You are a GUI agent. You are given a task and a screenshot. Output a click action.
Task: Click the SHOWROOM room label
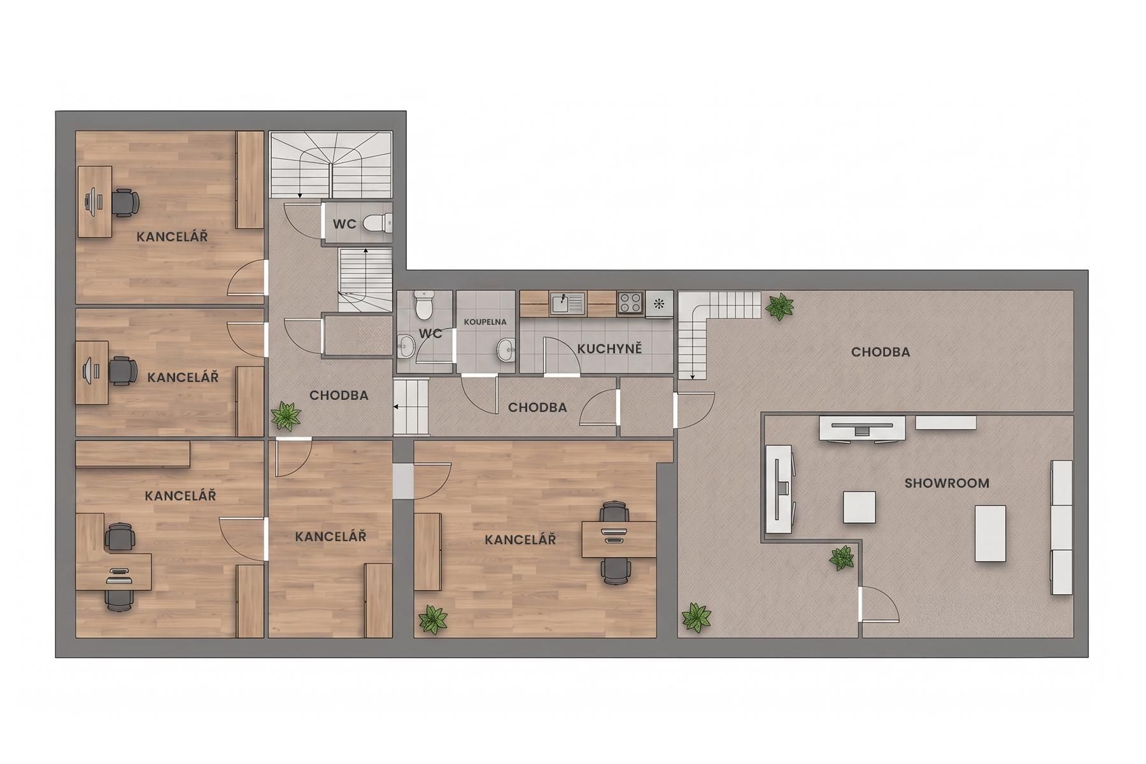[x=947, y=483]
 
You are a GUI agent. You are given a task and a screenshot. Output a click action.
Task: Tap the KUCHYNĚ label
[x=609, y=349]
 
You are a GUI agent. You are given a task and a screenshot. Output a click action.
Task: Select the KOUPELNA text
[x=485, y=322]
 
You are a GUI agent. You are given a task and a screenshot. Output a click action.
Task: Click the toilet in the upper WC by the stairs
[x=378, y=223]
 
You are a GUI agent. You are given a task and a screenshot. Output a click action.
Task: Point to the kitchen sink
[x=568, y=303]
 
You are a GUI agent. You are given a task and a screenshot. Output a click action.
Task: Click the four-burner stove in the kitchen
[x=630, y=302]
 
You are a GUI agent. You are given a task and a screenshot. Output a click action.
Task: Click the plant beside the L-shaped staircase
[x=779, y=307]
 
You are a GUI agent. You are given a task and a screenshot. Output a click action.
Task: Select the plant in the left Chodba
[x=286, y=416]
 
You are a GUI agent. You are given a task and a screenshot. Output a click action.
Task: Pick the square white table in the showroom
[x=860, y=507]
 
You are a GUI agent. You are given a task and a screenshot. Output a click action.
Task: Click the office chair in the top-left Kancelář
[x=125, y=203]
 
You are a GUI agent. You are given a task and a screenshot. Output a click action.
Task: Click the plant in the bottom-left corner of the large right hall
[x=696, y=618]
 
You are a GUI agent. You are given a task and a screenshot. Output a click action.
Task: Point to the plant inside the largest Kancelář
[x=433, y=619]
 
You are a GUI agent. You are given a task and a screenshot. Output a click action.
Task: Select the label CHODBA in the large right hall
[x=881, y=352]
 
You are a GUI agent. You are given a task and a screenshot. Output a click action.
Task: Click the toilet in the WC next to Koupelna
[x=423, y=305]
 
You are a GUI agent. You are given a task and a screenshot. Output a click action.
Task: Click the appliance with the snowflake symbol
[x=659, y=304]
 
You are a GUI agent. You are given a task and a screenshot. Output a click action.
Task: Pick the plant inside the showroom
[x=842, y=558]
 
